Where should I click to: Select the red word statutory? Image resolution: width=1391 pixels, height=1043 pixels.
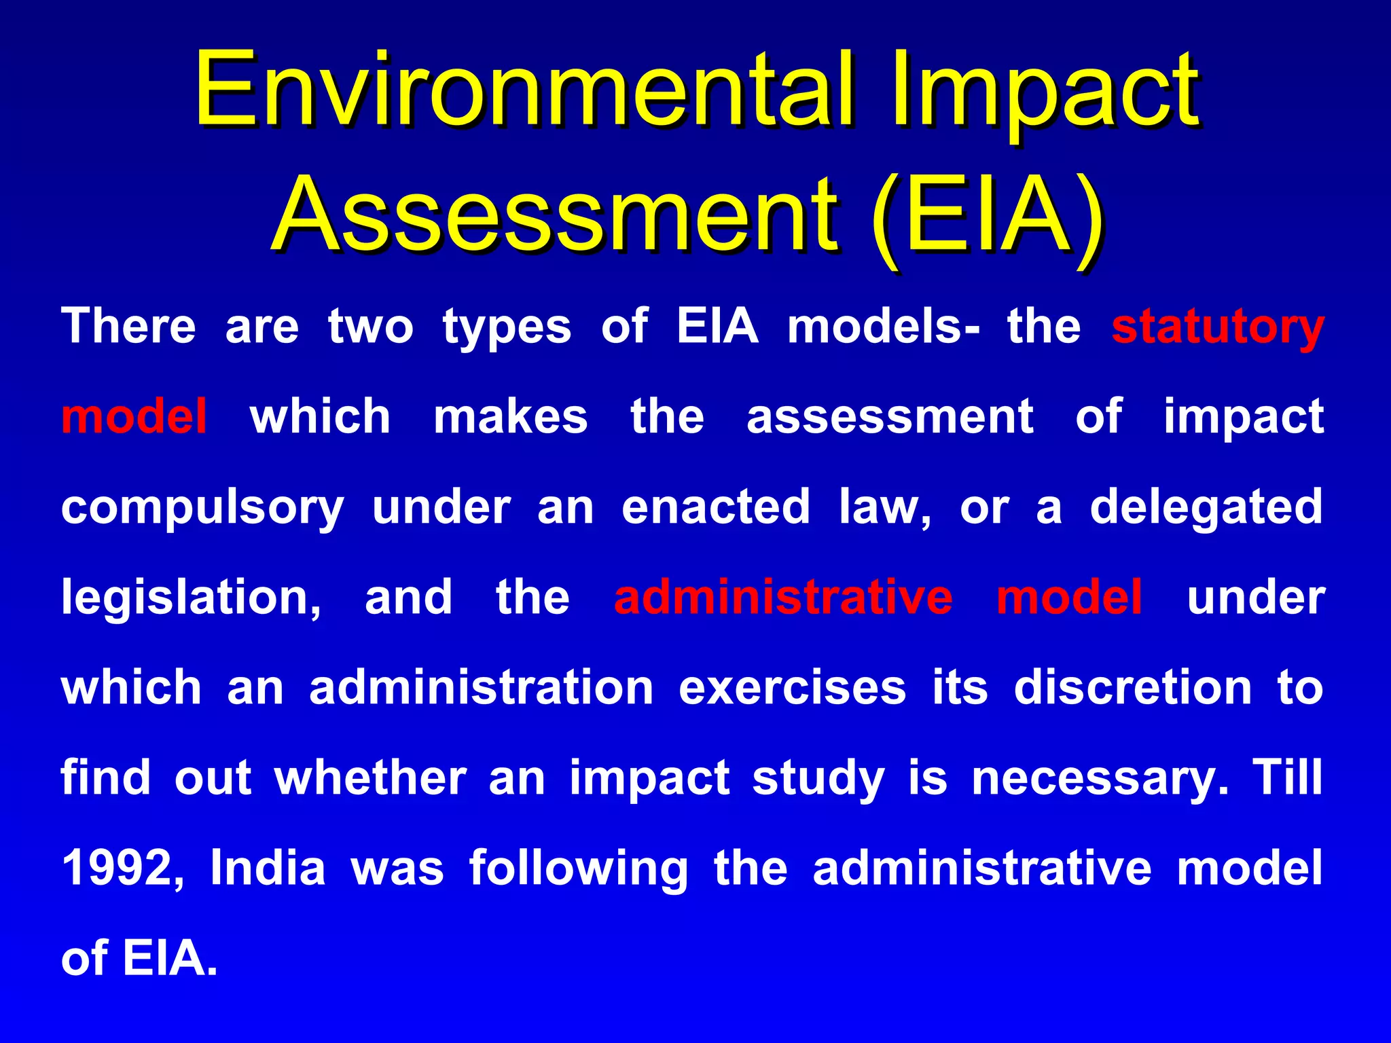1218,327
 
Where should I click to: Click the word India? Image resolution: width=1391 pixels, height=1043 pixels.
268,868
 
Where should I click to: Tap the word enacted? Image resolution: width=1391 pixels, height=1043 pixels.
716,507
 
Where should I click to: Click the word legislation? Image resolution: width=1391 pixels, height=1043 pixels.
191,599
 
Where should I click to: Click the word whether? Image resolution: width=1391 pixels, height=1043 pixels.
370,778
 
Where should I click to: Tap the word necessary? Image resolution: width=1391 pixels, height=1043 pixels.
1100,780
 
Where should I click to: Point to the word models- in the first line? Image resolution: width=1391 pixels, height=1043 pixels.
884,327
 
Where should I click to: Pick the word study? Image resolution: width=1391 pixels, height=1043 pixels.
818,780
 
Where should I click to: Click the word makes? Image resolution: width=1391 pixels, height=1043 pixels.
511,417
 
